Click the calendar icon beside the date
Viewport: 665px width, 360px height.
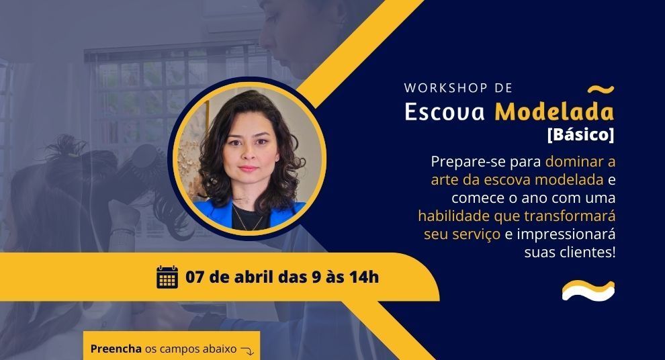[167, 277]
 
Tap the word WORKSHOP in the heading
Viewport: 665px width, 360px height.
[446, 88]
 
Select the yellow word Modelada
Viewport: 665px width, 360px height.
[554, 111]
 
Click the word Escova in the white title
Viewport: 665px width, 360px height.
[445, 111]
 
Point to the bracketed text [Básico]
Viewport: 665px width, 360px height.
[580, 134]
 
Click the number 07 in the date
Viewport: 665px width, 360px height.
[195, 277]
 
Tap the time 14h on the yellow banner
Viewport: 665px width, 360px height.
[364, 277]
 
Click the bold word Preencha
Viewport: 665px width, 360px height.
[116, 349]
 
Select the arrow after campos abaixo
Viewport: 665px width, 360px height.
[247, 350]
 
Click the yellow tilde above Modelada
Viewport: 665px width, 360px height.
[601, 89]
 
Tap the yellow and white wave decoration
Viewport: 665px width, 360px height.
[588, 290]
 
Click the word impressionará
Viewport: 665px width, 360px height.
[566, 234]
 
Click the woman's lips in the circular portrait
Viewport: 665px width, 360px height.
[249, 169]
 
